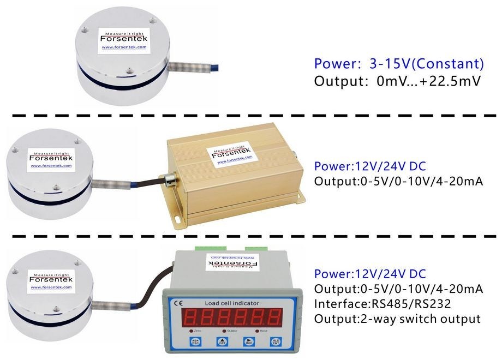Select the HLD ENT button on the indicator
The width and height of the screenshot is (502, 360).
tap(274, 342)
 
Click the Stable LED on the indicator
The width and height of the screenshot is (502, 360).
tap(224, 331)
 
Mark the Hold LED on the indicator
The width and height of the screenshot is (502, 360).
tap(256, 331)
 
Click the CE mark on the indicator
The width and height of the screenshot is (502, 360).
tap(178, 303)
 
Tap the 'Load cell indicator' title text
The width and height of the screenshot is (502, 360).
tap(232, 303)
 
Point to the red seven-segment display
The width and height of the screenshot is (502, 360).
tap(232, 317)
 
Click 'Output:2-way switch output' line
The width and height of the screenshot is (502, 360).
tap(397, 319)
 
